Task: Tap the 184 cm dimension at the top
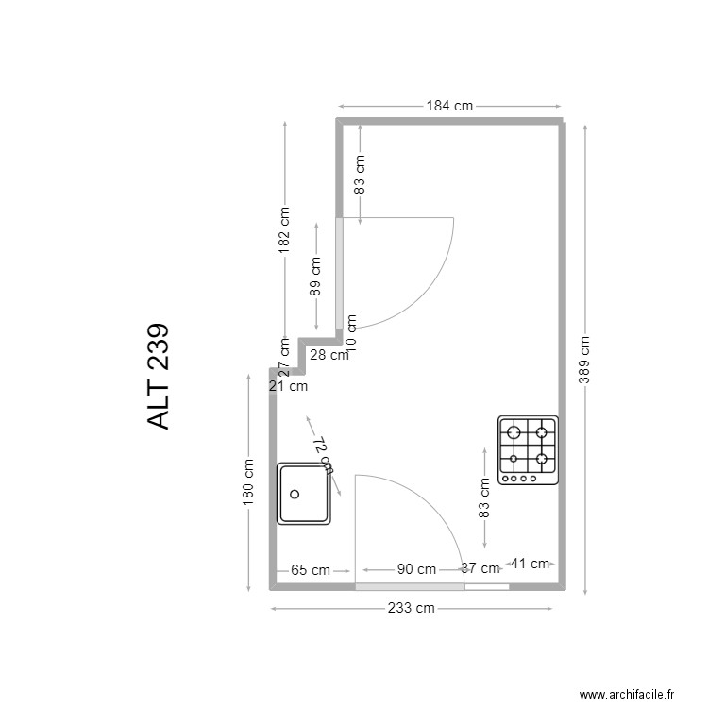tap(449, 106)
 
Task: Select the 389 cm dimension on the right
tap(585, 360)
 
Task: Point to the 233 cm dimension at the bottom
tap(412, 608)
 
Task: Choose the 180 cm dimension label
tap(248, 481)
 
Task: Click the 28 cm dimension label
tap(329, 355)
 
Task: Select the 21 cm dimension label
tap(288, 385)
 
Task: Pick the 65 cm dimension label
tap(310, 569)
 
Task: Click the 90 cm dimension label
tap(415, 569)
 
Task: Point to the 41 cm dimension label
tap(530, 564)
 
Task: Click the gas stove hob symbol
tap(529, 450)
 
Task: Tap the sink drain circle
tap(295, 493)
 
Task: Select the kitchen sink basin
tap(304, 493)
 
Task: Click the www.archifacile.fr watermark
tap(628, 694)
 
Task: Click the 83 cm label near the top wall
tap(360, 175)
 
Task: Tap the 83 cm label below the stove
tap(484, 498)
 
